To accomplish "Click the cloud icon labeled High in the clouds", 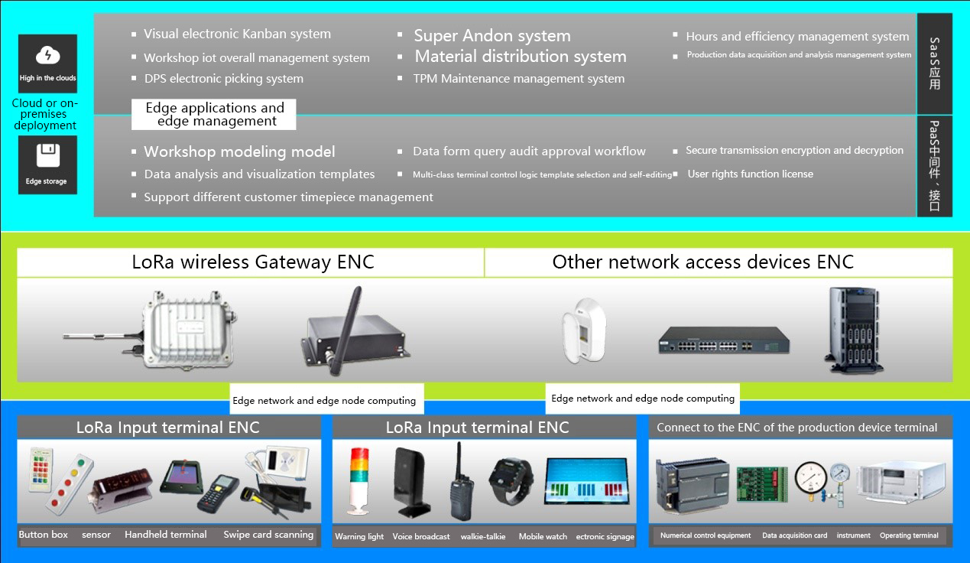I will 47,56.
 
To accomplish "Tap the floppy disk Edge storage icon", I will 47,157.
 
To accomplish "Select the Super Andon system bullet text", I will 491,36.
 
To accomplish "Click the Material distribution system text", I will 520,57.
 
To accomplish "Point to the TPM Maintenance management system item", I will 518,79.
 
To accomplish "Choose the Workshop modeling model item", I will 239,151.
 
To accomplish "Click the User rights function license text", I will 750,174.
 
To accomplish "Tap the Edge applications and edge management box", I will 214,115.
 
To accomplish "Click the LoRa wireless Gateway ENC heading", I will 253,262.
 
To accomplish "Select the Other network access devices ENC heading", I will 702,262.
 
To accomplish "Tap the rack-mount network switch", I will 723,340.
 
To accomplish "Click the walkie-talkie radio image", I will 460,482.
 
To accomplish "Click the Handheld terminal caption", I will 166,535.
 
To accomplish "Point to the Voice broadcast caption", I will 421,537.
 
